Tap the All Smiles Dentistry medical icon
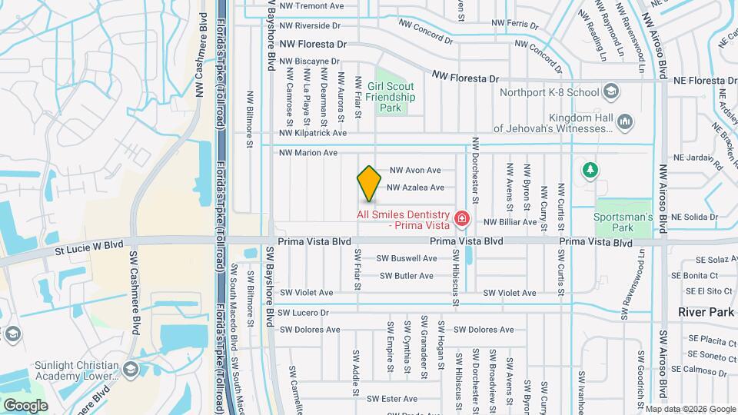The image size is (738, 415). pos(461,219)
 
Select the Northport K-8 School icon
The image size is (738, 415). pos(610,92)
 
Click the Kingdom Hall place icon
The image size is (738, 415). pos(624,121)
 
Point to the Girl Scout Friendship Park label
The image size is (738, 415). pos(391,98)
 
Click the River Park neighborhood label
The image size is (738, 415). pos(706,312)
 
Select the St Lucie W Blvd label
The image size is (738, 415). pos(88,247)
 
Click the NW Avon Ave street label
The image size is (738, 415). pos(415,170)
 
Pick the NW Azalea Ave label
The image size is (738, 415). pos(415,188)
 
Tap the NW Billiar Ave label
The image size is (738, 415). pos(510,222)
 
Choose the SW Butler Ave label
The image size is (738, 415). pos(408,275)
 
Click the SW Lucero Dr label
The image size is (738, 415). pos(303,313)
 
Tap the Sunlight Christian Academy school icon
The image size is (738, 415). pos(131,370)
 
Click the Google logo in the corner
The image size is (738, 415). pos(25,405)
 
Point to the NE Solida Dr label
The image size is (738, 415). pos(694,217)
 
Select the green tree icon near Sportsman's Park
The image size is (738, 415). pos(590,169)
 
